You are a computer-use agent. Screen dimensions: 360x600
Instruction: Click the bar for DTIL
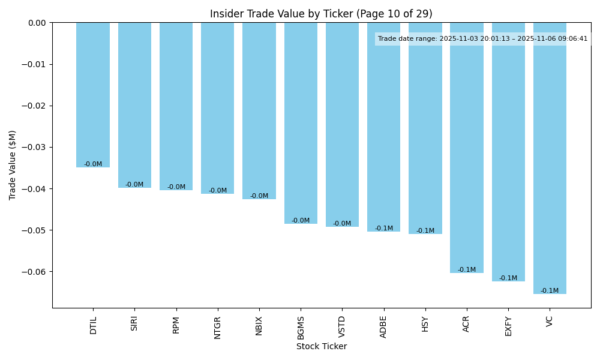coord(93,95)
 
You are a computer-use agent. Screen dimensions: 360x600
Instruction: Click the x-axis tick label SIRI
coord(134,323)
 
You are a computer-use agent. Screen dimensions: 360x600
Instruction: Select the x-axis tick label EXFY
coord(508,326)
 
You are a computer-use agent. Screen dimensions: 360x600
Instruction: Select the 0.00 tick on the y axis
coord(38,23)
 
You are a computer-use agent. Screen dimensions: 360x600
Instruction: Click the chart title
coord(321,14)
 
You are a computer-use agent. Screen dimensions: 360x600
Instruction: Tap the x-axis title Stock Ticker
coord(321,346)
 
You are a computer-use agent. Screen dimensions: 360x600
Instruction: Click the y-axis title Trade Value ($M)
coord(13,165)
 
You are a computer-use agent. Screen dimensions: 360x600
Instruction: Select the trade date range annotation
coord(482,39)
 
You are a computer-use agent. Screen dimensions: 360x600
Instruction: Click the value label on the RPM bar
coord(176,187)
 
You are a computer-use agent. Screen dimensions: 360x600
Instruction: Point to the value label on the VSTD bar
coord(342,224)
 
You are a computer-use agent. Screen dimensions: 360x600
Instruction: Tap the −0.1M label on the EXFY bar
coord(508,278)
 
